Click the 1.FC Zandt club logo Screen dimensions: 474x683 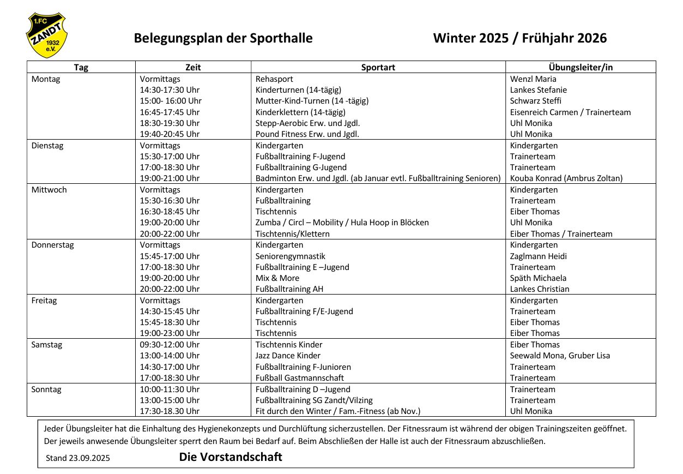click(x=46, y=36)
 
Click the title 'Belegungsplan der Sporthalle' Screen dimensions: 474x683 click(x=223, y=38)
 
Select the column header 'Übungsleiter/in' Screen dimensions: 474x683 click(x=581, y=67)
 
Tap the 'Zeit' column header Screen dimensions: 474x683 click(x=193, y=67)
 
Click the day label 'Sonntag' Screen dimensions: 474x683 click(x=46, y=389)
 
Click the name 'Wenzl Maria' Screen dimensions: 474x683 click(x=533, y=79)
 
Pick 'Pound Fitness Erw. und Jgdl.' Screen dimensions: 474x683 click(x=307, y=134)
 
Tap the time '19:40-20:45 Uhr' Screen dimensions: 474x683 click(x=170, y=134)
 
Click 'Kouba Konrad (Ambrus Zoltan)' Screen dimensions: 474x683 click(x=566, y=178)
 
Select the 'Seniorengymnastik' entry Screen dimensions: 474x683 click(x=290, y=256)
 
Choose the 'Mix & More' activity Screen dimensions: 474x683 click(x=277, y=278)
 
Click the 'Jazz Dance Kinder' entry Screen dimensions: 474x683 click(x=288, y=356)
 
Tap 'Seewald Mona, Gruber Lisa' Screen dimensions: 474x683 click(x=560, y=356)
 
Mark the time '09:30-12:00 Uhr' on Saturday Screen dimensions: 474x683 click(x=170, y=345)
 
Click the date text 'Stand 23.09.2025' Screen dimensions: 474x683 click(x=77, y=458)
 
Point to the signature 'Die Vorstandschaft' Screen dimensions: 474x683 click(x=231, y=457)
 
